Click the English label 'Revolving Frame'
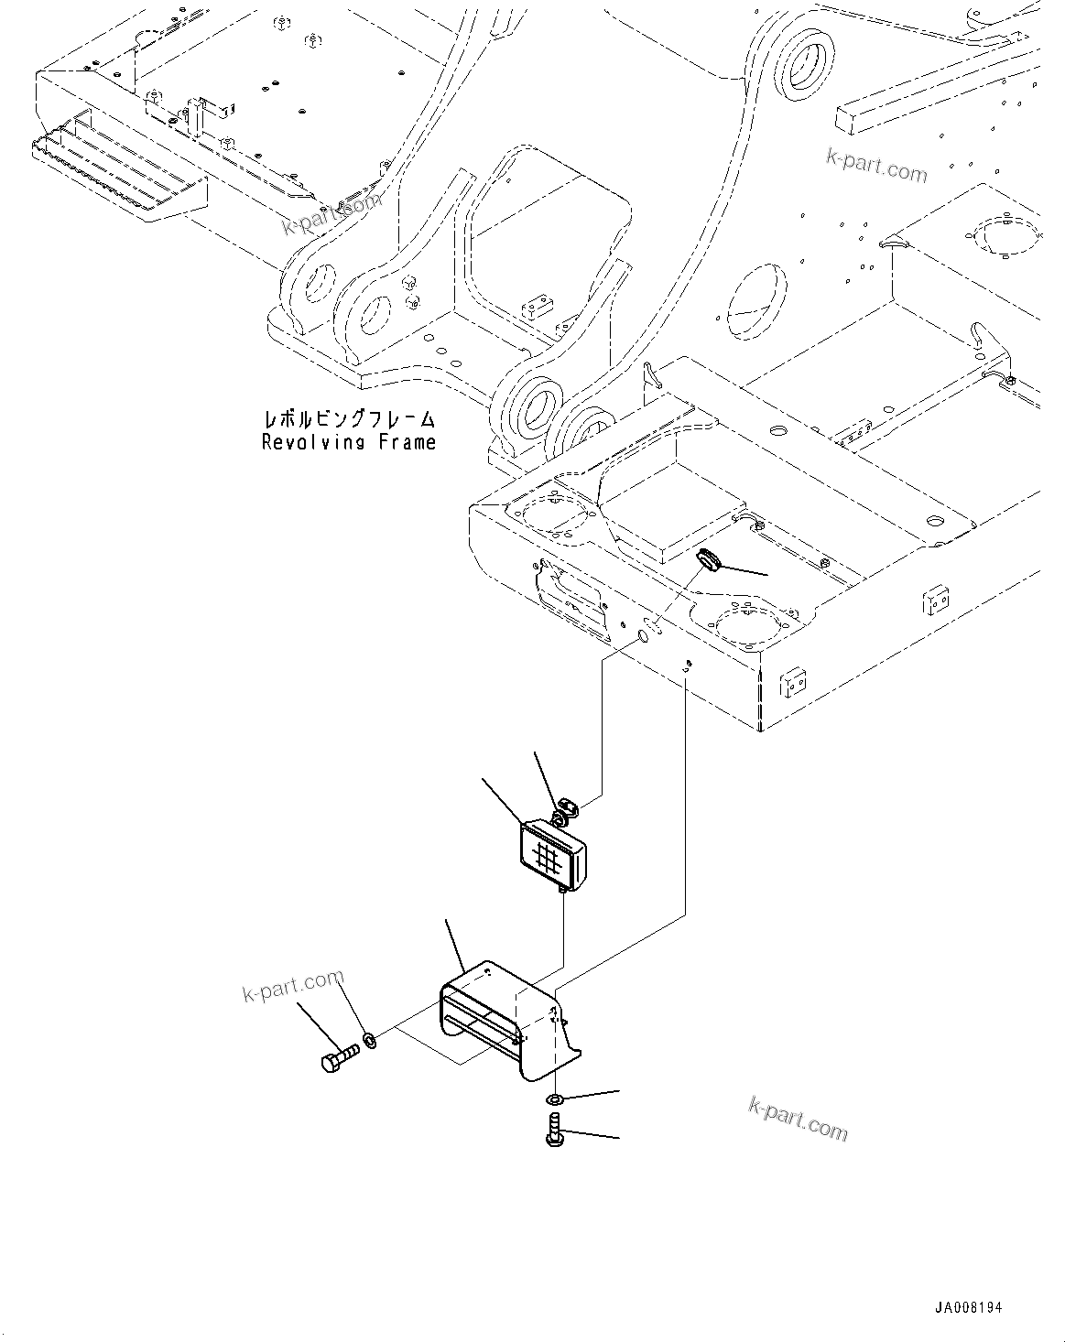point(348,443)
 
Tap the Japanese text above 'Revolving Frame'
point(348,419)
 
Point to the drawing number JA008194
point(969,1307)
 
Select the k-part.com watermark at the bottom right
point(798,1118)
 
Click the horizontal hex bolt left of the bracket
point(340,1061)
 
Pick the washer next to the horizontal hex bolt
point(370,1039)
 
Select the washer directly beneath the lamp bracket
point(555,1098)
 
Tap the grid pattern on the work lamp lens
point(548,858)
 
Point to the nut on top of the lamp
point(565,807)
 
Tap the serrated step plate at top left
point(119,174)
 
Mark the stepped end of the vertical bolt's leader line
point(619,1138)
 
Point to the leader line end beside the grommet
point(767,574)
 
